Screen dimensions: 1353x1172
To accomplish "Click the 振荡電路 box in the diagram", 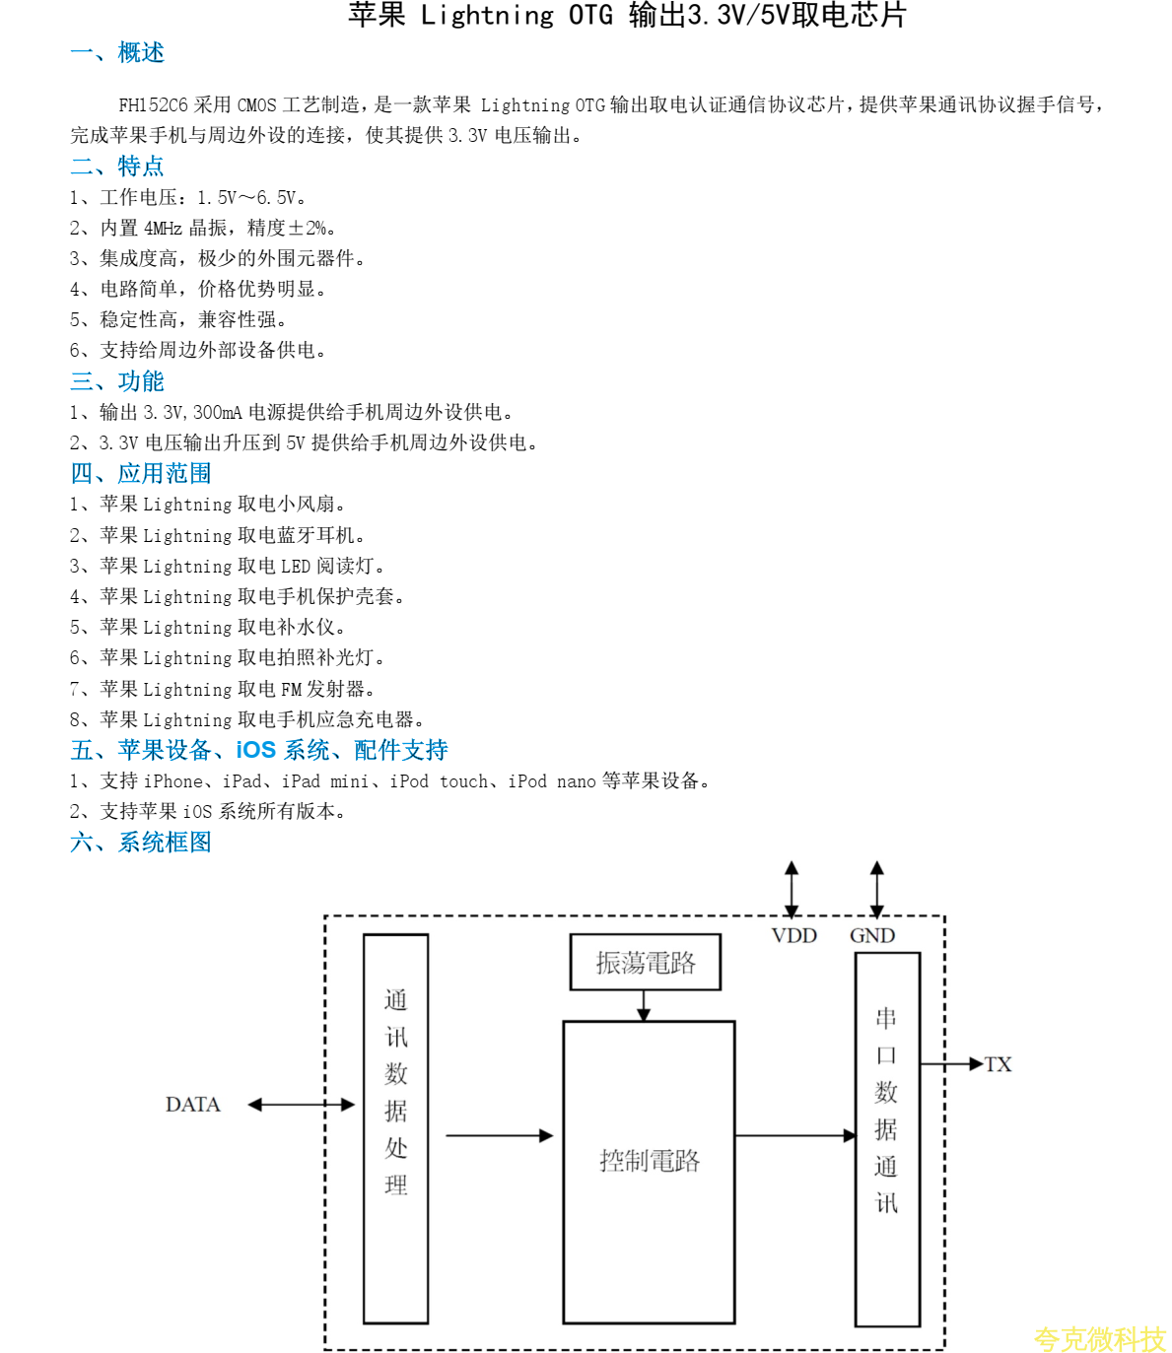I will click(646, 962).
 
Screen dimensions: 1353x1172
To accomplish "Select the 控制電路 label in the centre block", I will click(650, 1161).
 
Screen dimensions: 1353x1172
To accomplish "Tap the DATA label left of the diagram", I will click(193, 1105).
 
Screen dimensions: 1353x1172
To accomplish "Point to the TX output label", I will click(999, 1064).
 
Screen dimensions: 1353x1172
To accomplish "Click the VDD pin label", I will click(793, 935).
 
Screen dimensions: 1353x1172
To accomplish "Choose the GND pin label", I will click(872, 935).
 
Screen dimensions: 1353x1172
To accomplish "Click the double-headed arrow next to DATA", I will click(301, 1105).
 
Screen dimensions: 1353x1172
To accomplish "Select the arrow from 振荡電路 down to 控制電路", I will click(644, 1005).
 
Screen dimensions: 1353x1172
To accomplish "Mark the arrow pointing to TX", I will click(952, 1064).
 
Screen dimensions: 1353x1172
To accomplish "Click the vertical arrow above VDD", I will click(792, 889).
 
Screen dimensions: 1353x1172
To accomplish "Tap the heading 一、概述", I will click(117, 52).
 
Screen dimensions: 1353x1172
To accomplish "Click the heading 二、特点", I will click(117, 166).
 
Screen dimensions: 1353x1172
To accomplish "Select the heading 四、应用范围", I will click(141, 473).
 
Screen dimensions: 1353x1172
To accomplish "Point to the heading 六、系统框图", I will click(141, 842).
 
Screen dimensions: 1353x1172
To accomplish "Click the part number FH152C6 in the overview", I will click(153, 105).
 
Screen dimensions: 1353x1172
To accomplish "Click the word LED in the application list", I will click(296, 566).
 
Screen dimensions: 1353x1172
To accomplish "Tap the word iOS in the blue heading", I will click(255, 750).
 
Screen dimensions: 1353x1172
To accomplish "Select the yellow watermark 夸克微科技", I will click(1099, 1338).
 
